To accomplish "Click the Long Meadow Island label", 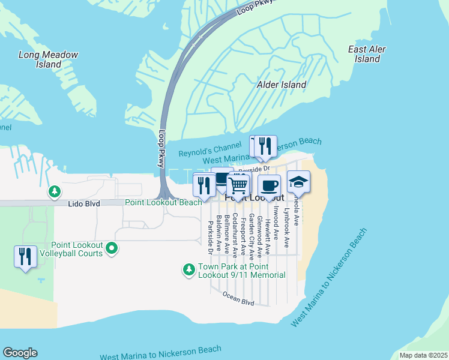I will [49, 59].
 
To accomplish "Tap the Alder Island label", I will [282, 85].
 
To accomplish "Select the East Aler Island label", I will [367, 54].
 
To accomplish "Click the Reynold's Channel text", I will [206, 152].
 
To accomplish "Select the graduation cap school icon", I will [298, 181].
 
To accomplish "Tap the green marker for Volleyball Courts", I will [112, 247].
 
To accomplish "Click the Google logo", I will [20, 353].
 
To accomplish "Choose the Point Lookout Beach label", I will [163, 203].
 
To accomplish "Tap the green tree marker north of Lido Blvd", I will [55, 191].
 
